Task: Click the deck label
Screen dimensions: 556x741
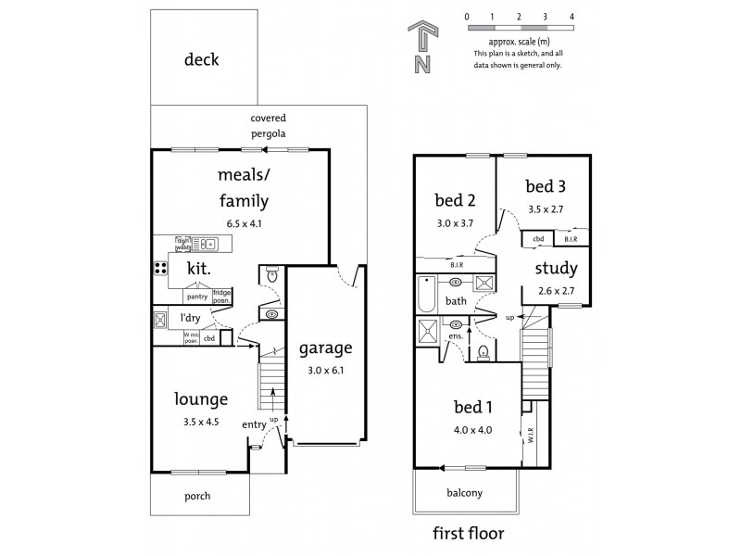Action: click(201, 60)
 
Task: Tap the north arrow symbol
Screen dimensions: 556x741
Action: click(421, 48)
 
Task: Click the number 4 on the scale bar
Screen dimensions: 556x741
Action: click(572, 17)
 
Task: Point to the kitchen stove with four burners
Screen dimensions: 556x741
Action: click(160, 270)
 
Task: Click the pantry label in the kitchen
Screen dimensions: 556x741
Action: click(196, 297)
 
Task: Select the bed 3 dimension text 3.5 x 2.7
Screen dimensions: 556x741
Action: click(545, 209)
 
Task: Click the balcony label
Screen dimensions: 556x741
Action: click(465, 493)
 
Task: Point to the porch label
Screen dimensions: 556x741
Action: click(196, 496)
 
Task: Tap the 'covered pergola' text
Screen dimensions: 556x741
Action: click(269, 126)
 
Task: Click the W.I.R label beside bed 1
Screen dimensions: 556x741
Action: click(532, 435)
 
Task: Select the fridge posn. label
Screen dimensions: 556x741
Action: click(222, 297)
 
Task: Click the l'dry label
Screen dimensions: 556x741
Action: click(192, 321)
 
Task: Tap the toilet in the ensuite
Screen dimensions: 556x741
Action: click(484, 351)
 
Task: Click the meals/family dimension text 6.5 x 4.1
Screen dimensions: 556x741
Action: click(242, 222)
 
